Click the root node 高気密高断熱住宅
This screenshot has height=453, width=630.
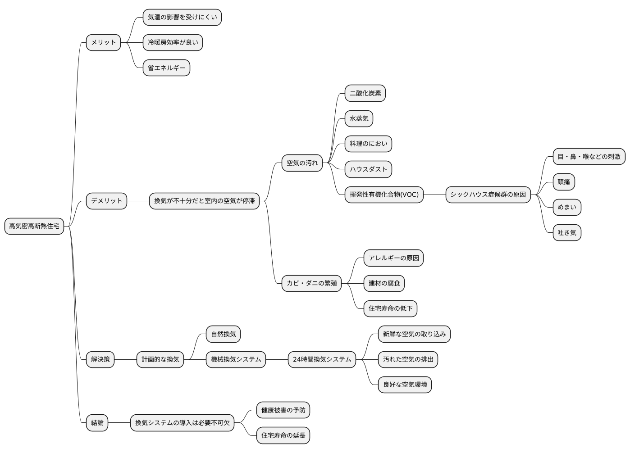tap(34, 226)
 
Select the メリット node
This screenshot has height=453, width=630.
tap(103, 42)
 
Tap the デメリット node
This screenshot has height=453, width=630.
tap(106, 201)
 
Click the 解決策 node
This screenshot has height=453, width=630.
tap(100, 359)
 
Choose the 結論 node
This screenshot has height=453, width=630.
tap(97, 423)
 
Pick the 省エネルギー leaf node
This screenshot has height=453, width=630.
tap(166, 68)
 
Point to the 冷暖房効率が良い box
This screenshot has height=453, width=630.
tap(173, 42)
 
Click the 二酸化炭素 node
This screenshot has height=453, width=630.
tap(365, 93)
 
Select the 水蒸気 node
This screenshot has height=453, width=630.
tap(359, 118)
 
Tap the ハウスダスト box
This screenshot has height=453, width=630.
tap(368, 169)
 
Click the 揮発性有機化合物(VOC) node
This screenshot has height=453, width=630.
tap(384, 195)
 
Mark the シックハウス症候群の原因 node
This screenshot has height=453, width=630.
tap(488, 195)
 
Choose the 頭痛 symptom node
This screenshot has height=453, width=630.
tap(564, 182)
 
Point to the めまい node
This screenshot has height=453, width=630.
tap(567, 207)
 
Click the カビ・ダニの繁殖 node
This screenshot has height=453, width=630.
tap(311, 283)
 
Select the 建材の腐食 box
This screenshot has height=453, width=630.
tap(384, 283)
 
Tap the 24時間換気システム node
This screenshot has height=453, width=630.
tap(322, 359)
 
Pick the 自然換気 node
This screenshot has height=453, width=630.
tap(223, 334)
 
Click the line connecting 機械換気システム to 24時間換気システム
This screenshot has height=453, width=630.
tap(277, 359)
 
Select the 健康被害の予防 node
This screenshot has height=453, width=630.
tap(283, 410)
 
